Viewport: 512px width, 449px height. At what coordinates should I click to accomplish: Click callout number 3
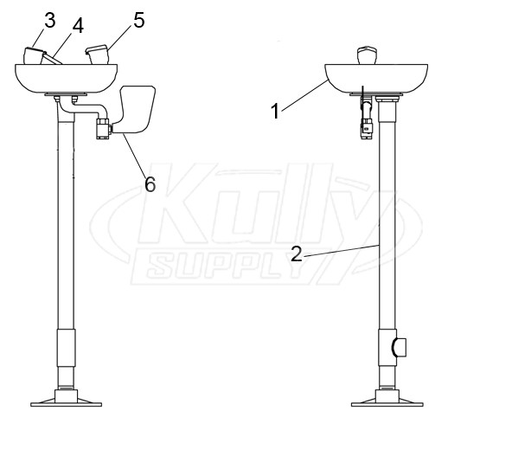tap(49, 21)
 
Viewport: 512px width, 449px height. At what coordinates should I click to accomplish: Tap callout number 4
tap(78, 25)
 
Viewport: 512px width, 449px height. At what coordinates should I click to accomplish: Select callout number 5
tap(138, 20)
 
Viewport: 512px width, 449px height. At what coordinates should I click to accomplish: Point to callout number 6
tap(150, 185)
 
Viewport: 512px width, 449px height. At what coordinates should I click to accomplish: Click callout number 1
tap(275, 111)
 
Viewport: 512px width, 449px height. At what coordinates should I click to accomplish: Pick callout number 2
tap(296, 253)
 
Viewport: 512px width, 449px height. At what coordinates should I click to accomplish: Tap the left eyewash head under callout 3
tap(34, 55)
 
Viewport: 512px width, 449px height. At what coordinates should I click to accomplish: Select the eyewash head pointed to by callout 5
tap(97, 55)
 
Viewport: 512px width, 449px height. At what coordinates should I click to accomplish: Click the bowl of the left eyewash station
tap(66, 79)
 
